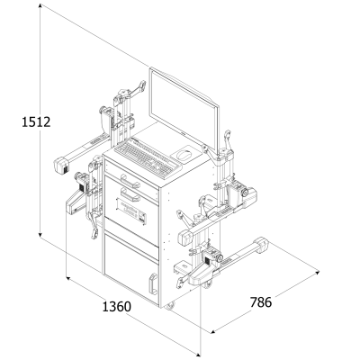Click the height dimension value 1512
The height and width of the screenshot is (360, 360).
point(36,122)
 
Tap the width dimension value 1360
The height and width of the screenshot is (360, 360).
point(117,307)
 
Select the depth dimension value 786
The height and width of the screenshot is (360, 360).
point(261,302)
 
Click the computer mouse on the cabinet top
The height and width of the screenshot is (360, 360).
point(183,156)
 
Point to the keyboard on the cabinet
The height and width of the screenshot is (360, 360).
point(148,157)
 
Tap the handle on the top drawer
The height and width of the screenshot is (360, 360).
point(130,181)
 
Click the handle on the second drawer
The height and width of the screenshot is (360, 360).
point(130,194)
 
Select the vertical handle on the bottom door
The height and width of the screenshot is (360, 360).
point(153,284)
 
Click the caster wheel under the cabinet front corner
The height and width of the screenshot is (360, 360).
point(170,306)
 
